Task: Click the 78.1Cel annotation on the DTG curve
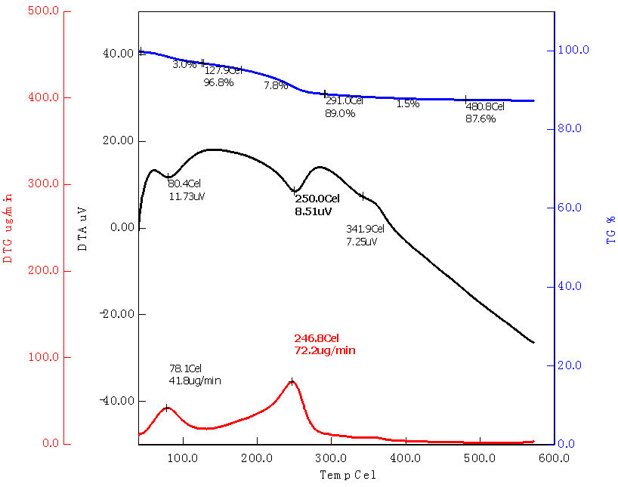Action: (x=185, y=368)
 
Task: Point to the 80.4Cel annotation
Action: (x=185, y=183)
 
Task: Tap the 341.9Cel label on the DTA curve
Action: (x=366, y=229)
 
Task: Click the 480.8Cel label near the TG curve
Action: (x=485, y=106)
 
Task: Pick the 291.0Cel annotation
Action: (x=345, y=100)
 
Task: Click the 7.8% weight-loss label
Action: (x=276, y=86)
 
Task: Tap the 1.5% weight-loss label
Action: (x=407, y=103)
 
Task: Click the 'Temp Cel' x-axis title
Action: (x=347, y=476)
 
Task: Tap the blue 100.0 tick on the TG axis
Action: (x=573, y=50)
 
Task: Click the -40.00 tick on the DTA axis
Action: (x=115, y=401)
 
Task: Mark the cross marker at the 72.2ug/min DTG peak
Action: (x=292, y=381)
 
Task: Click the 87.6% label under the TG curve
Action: (x=481, y=119)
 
